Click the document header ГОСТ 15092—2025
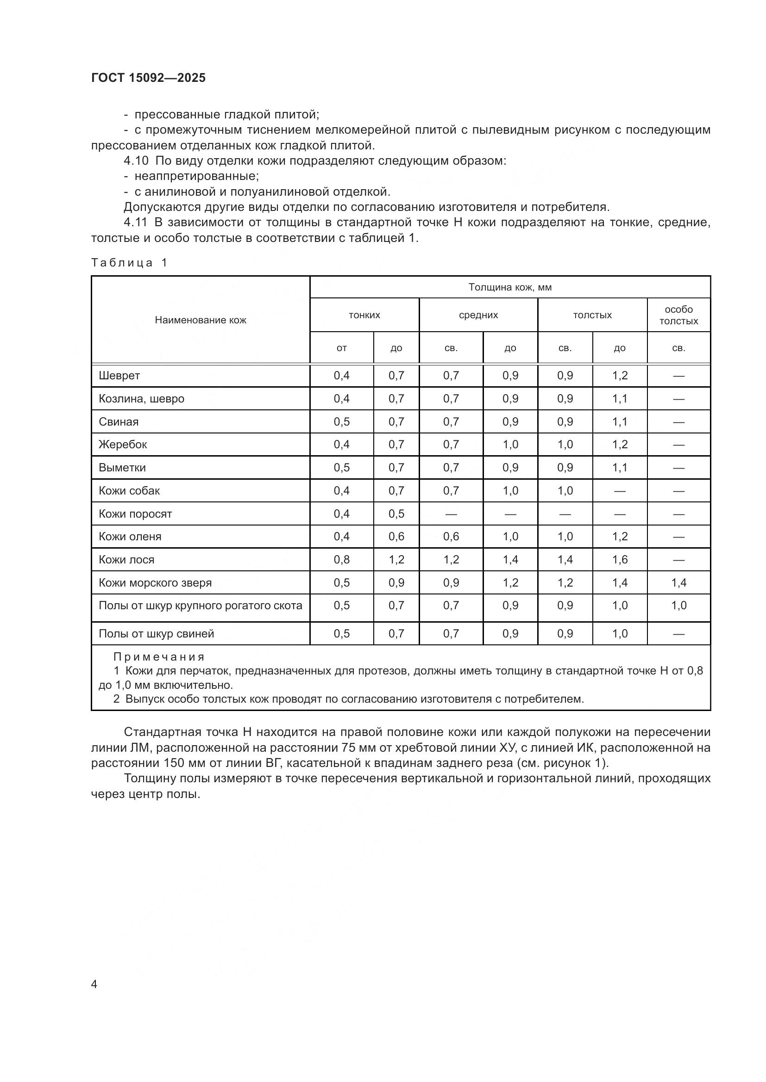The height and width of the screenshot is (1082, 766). click(148, 78)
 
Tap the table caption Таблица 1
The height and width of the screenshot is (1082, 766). click(129, 263)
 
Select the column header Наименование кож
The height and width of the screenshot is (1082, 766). click(201, 321)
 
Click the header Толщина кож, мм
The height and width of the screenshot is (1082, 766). click(510, 287)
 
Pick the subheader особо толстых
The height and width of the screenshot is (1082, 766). click(678, 315)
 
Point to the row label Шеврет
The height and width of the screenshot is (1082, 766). click(119, 376)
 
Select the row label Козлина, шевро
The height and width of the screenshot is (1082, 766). click(142, 399)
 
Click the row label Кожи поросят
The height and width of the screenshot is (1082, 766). click(135, 513)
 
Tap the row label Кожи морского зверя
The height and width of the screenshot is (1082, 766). click(155, 583)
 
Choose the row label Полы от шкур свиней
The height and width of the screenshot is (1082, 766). click(156, 634)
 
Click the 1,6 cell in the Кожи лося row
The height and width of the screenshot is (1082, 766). click(620, 560)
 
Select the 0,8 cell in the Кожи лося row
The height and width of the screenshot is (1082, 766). click(341, 560)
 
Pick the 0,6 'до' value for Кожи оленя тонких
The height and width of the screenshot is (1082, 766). click(396, 537)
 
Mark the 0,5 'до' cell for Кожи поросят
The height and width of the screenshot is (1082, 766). click(396, 513)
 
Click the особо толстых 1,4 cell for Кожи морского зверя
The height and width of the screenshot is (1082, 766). click(678, 583)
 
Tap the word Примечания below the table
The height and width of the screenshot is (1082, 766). click(159, 657)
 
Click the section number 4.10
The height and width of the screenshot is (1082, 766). click(136, 161)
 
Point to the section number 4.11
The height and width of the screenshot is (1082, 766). click(136, 223)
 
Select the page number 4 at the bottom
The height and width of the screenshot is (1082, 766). click(94, 984)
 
